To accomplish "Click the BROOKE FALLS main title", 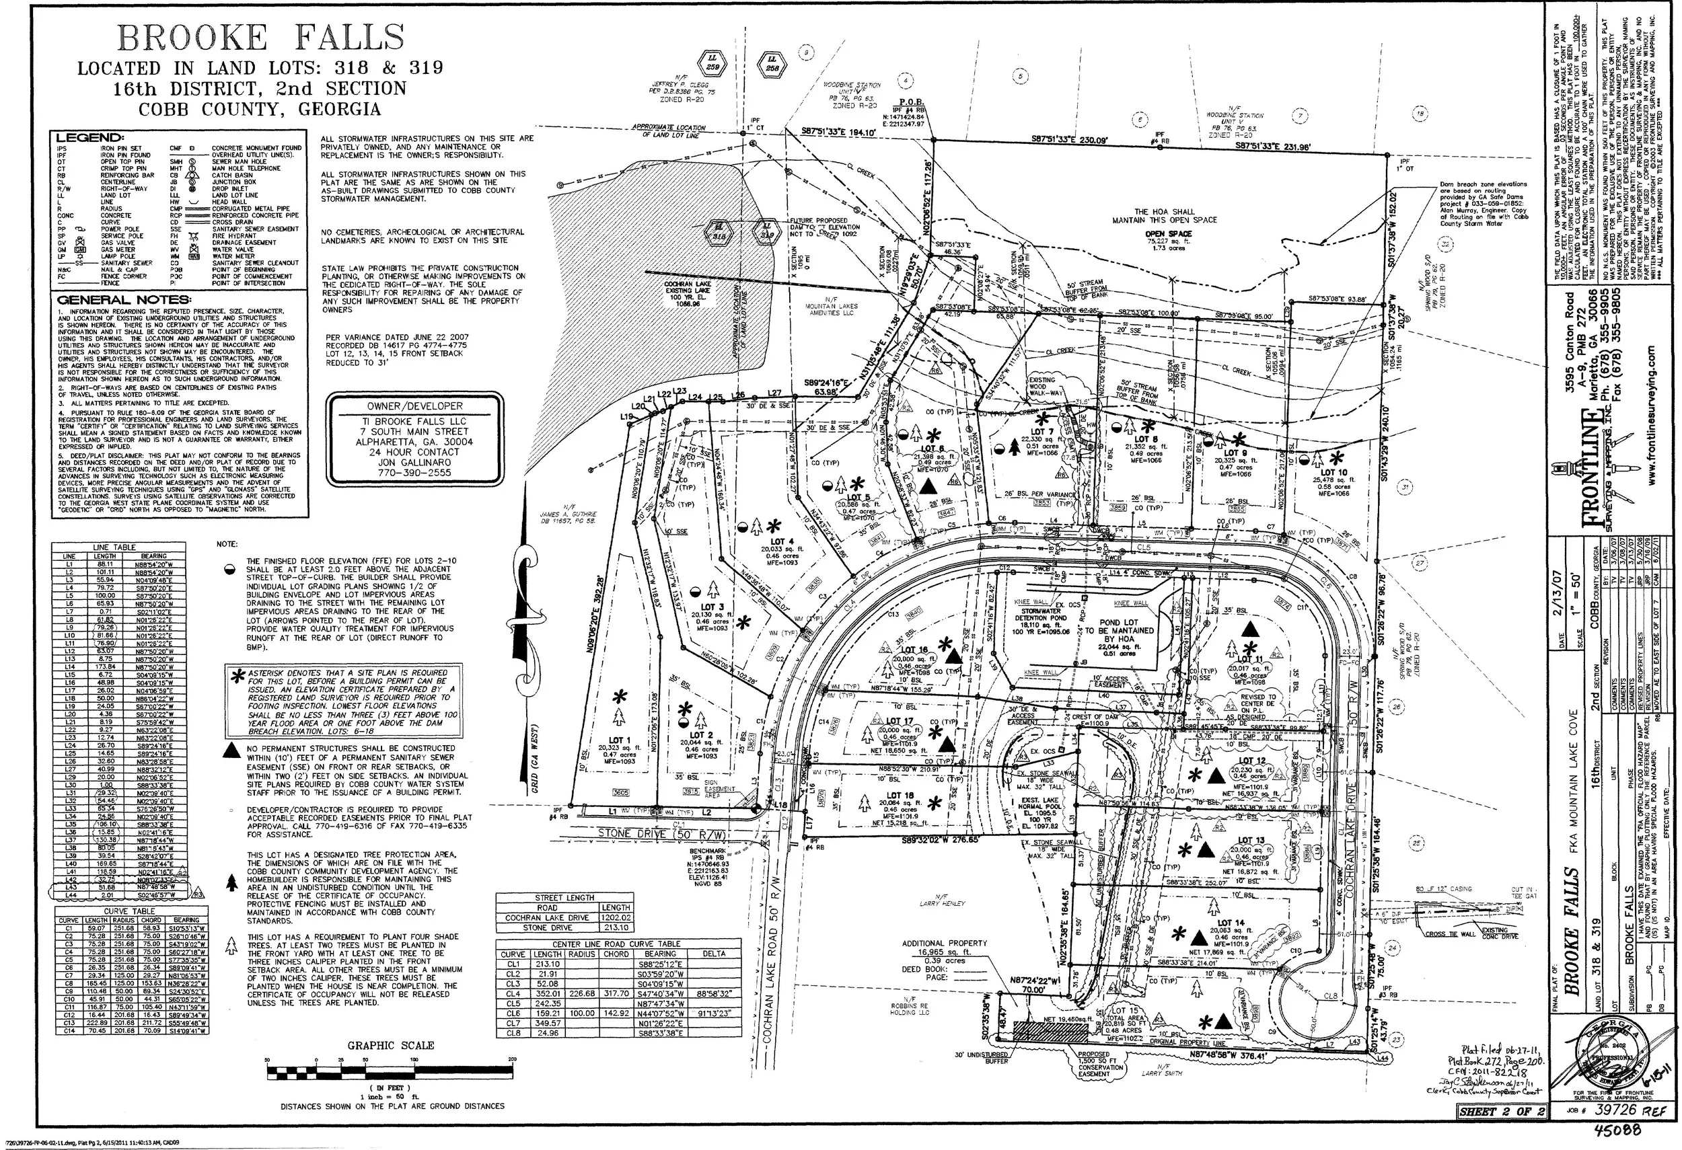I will click(x=260, y=38).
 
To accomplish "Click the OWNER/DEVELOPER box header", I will click(x=414, y=406).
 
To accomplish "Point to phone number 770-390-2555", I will click(x=414, y=473).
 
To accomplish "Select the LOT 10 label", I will click(x=1333, y=473).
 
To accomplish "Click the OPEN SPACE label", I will click(x=1168, y=234).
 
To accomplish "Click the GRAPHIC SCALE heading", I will click(x=391, y=1045).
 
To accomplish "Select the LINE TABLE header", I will click(x=114, y=547).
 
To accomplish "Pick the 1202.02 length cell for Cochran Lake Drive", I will click(x=615, y=917).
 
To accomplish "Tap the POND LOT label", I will click(x=1119, y=623).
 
